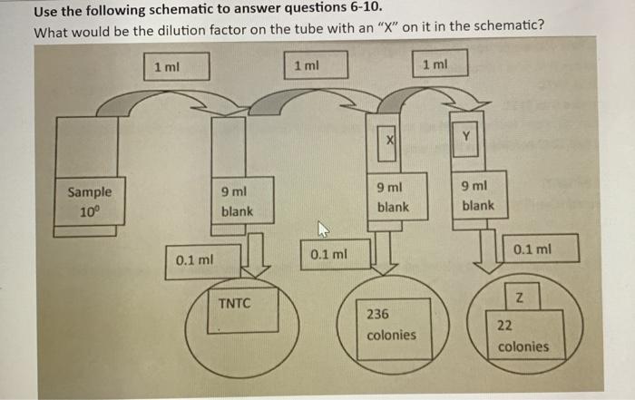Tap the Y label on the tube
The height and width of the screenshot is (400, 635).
coord(466,137)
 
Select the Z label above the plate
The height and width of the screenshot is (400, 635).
coord(519,297)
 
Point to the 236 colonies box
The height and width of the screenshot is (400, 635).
coord(392,325)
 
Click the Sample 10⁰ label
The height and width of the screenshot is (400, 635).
coord(90,200)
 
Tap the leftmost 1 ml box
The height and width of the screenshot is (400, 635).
coord(176,67)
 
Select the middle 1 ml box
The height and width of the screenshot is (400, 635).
coord(308,66)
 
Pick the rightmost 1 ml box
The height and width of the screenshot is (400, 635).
coord(435,64)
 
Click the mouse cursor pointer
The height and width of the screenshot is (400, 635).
coord(321,229)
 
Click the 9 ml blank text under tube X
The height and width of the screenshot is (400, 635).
coord(392,197)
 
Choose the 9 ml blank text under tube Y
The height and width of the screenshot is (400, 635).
coord(477,196)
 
